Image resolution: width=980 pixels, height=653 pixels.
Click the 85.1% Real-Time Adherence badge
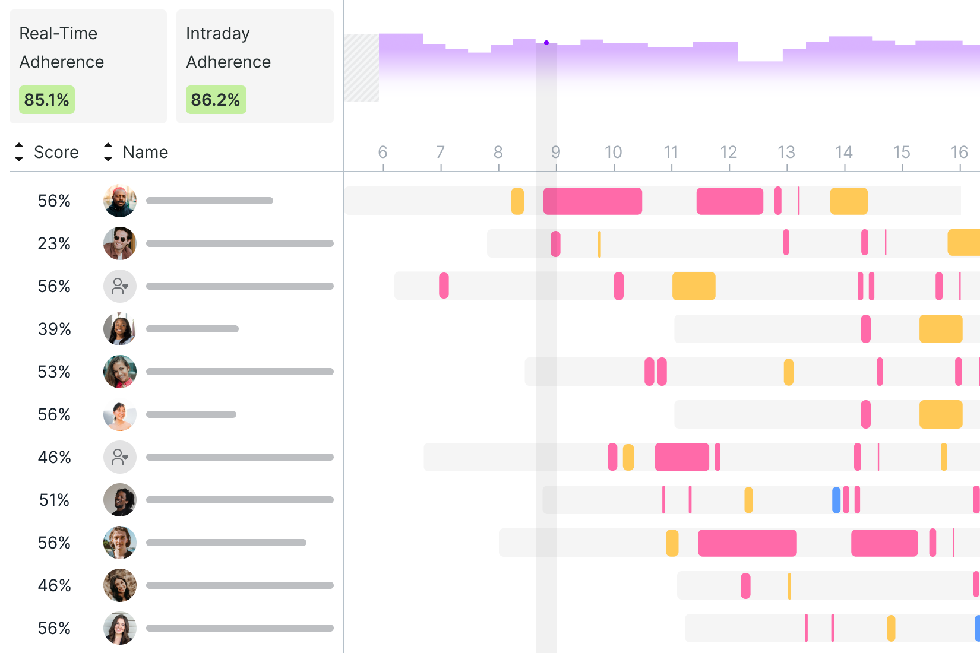(46, 100)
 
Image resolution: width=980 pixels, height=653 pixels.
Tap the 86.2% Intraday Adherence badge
(216, 100)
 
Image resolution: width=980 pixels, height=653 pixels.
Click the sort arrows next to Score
(19, 152)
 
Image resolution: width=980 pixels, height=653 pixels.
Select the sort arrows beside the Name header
(108, 152)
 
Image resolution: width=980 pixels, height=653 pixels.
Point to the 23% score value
(54, 243)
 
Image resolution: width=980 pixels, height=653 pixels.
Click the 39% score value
(54, 329)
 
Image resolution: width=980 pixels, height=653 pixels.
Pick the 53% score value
(54, 372)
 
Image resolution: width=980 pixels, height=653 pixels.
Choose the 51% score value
(54, 500)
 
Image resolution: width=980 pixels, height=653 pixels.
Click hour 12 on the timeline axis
(728, 153)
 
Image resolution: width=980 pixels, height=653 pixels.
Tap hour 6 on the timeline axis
(382, 153)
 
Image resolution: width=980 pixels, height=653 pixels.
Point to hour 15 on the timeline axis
(901, 153)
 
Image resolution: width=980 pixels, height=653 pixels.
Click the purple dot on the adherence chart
(546, 43)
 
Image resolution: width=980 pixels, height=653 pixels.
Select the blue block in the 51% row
(836, 500)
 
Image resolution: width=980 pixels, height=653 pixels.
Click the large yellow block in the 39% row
(940, 329)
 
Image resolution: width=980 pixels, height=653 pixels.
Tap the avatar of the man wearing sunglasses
(120, 243)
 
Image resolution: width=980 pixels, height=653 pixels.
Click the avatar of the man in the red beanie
(120, 201)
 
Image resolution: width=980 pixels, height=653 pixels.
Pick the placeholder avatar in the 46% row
(120, 457)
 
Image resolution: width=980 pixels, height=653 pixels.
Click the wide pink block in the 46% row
(681, 457)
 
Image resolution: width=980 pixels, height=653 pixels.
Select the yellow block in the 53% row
(788, 372)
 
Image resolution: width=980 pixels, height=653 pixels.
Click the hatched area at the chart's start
(362, 68)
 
